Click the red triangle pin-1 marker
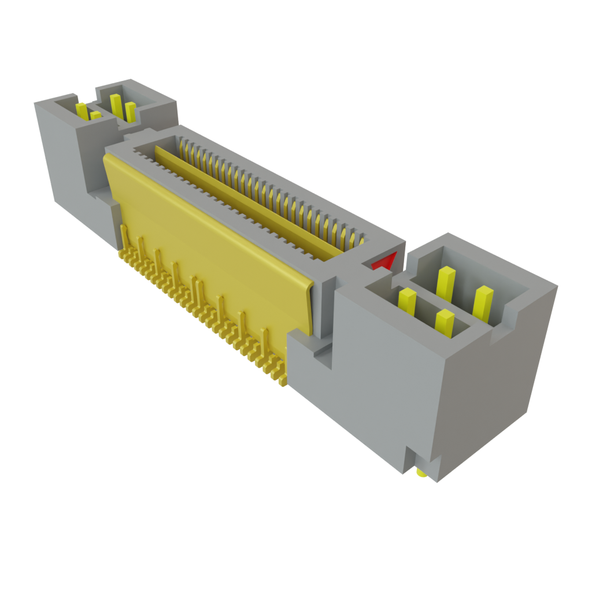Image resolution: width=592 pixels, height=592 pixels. [x=383, y=262]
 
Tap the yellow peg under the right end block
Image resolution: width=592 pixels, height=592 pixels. [x=420, y=474]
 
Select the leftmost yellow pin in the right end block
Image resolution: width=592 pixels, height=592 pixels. [x=407, y=302]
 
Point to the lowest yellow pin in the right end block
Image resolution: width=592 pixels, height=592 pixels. [x=444, y=322]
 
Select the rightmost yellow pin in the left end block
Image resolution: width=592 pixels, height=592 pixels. [x=131, y=112]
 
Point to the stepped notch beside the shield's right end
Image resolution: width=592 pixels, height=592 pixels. [x=318, y=353]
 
